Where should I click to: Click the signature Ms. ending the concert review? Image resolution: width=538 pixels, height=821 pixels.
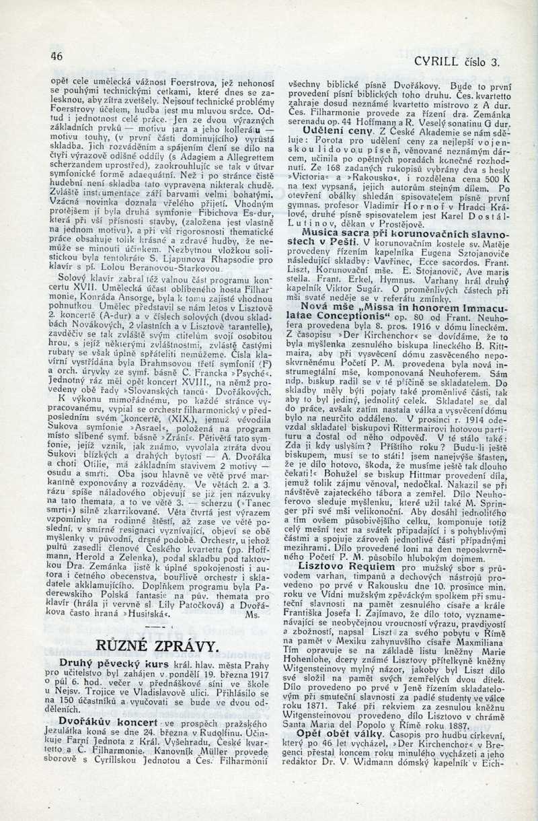tap(252, 614)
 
